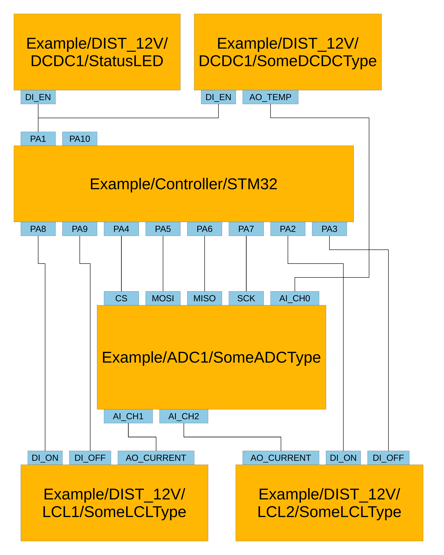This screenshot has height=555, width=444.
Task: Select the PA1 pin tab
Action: pyautogui.click(x=38, y=139)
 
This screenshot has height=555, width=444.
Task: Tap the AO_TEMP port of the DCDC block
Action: pyautogui.click(x=270, y=97)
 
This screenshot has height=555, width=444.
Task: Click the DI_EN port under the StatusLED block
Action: pyautogui.click(x=38, y=97)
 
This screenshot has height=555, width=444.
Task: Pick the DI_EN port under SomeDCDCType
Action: pyautogui.click(x=218, y=97)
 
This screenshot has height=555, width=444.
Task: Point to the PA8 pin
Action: pyautogui.click(x=38, y=229)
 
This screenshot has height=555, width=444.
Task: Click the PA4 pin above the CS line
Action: pyautogui.click(x=121, y=229)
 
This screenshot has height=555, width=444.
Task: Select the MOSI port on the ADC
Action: pyautogui.click(x=163, y=298)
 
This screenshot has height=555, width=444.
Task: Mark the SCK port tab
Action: pyautogui.click(x=246, y=298)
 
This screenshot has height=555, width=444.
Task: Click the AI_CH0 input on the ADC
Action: pyautogui.click(x=295, y=298)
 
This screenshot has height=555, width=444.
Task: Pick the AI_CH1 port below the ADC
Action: pyautogui.click(x=128, y=416)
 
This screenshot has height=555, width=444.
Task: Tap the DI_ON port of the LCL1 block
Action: pyautogui.click(x=45, y=458)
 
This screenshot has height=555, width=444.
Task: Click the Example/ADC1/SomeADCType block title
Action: pyautogui.click(x=211, y=357)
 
